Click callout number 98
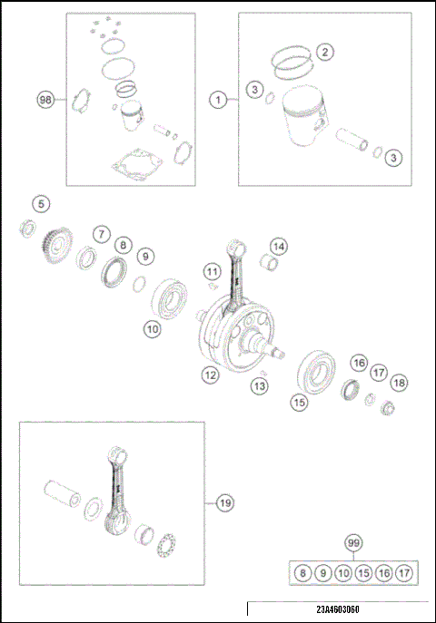pyautogui.click(x=45, y=100)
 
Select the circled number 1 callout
pyautogui.click(x=218, y=100)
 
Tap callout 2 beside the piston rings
pyautogui.click(x=325, y=52)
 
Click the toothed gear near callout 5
pyautogui.click(x=56, y=245)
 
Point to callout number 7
pyautogui.click(x=102, y=234)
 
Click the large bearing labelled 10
pyautogui.click(x=171, y=298)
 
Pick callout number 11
pyautogui.click(x=212, y=272)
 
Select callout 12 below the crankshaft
pyautogui.click(x=210, y=375)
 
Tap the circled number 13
pyautogui.click(x=260, y=385)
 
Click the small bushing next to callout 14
pyautogui.click(x=269, y=264)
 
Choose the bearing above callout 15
pyautogui.click(x=316, y=373)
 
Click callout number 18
pyautogui.click(x=399, y=383)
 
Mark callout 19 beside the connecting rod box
pyautogui.click(x=225, y=503)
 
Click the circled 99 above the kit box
pyautogui.click(x=353, y=543)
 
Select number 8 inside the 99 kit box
pyautogui.click(x=302, y=573)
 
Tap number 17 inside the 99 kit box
pyautogui.click(x=404, y=573)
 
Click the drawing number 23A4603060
pyautogui.click(x=338, y=609)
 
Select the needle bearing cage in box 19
pyautogui.click(x=166, y=545)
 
